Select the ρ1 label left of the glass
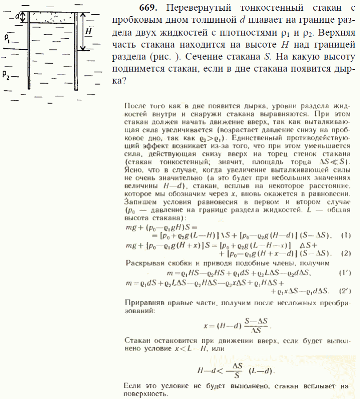[8, 39]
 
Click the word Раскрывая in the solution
[143, 263]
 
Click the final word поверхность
[146, 394]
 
